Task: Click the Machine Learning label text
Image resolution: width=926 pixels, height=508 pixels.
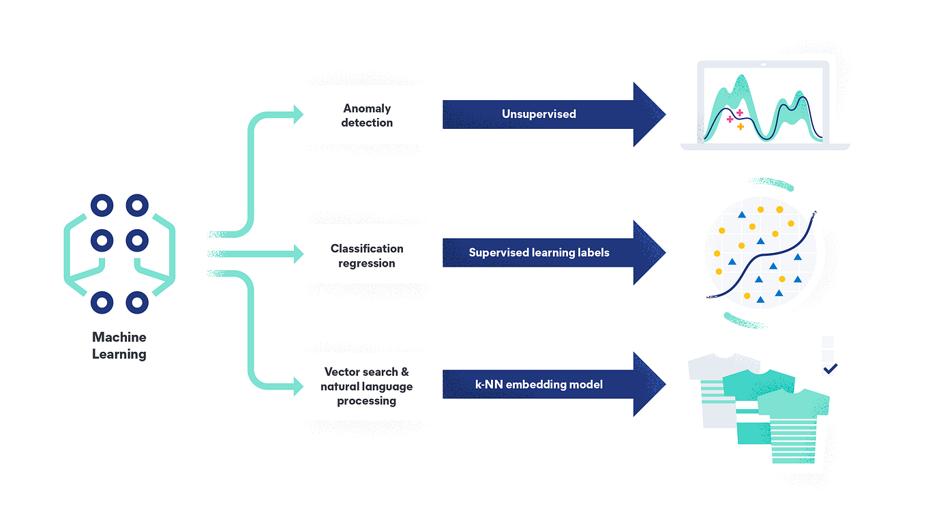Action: [119, 346]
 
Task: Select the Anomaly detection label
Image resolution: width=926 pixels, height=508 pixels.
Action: [367, 115]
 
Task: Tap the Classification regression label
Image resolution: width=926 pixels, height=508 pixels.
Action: [367, 256]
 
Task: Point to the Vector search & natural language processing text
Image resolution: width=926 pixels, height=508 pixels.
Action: [367, 386]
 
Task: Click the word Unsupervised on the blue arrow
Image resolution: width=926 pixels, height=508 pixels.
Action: [539, 114]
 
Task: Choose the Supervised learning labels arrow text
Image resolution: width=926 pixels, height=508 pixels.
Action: [539, 252]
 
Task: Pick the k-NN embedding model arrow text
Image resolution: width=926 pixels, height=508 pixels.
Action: [539, 385]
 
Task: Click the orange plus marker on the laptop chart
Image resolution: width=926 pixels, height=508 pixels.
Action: [741, 127]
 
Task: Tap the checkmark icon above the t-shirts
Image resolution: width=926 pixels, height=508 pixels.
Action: [830, 368]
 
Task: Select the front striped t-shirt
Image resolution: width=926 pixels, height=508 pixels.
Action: [793, 423]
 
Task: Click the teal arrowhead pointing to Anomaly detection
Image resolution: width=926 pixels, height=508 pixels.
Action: [298, 115]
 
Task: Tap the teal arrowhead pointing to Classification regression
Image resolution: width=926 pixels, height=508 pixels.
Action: [298, 254]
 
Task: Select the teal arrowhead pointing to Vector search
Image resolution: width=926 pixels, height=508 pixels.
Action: [298, 387]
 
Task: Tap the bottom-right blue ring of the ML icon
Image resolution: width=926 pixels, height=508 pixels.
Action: [137, 302]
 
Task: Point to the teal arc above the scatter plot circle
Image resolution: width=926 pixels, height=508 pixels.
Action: [771, 183]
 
